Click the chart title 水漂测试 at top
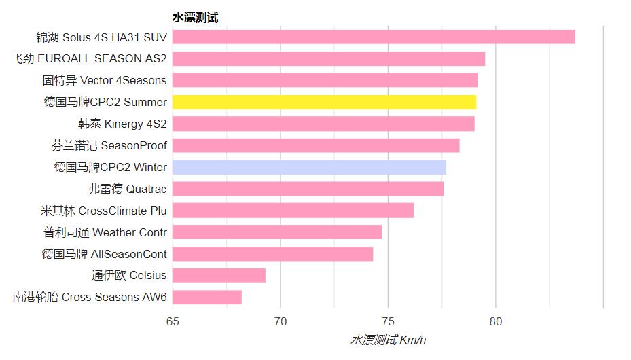coord(195,18)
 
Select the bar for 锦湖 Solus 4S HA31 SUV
coord(374,37)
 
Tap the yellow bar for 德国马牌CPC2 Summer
coord(324,102)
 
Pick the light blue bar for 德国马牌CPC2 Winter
coord(309,167)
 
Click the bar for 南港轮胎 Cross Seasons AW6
coord(207,298)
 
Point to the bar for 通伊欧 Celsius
coord(219,276)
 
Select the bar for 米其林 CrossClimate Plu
coord(293,211)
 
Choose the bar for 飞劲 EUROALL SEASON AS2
coord(329,58)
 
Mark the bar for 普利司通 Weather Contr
coord(277,232)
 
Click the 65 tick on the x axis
coord(173,321)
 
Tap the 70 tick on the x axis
coord(281,321)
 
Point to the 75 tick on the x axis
coord(388,321)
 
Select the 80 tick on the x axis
coord(496,321)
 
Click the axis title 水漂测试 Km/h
coord(388,340)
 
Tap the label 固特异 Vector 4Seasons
coord(105,80)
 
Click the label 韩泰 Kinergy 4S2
coord(122,124)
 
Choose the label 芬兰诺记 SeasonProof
coord(109,145)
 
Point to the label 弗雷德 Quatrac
coord(128,189)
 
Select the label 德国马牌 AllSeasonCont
coord(105,254)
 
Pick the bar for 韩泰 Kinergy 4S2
coord(323,124)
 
